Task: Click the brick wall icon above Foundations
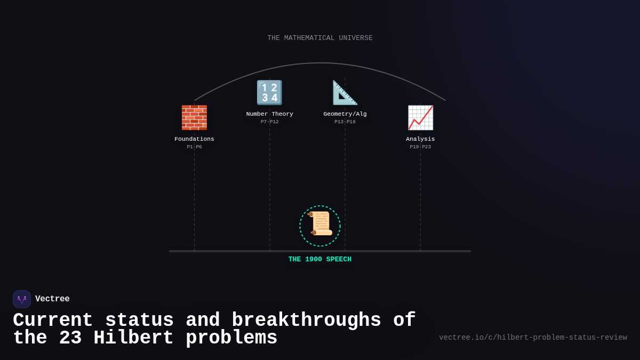pos(194,117)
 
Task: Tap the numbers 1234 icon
pos(269,92)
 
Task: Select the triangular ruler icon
pos(345,92)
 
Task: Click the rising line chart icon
pos(420,117)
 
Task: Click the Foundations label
pos(194,139)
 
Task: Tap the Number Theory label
pos(269,114)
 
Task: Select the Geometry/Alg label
pos(345,114)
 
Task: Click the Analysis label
pos(420,139)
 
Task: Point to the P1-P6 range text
pos(194,147)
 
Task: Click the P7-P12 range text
pos(269,122)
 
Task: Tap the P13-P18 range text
pos(345,122)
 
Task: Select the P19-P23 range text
pos(420,147)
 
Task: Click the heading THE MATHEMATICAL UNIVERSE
pos(320,38)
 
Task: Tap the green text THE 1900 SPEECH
pos(320,260)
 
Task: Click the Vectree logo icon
pos(22,299)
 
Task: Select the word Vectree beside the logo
pos(52,299)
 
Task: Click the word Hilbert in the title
pos(134,338)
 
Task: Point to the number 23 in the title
pos(70,338)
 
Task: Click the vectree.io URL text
pos(533,338)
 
